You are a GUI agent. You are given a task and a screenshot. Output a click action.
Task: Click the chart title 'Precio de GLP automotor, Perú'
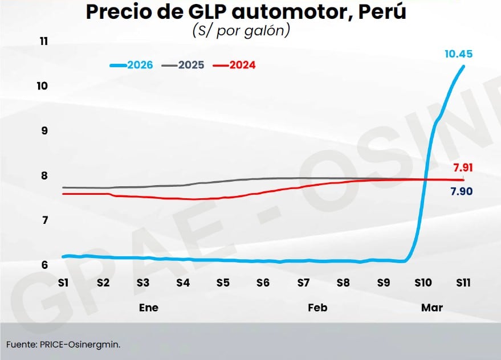tap(246, 13)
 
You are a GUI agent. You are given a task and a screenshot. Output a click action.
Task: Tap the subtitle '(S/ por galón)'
tap(241, 30)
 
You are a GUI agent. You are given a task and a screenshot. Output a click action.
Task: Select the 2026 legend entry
tap(132, 65)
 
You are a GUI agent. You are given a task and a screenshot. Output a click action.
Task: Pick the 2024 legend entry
tap(234, 65)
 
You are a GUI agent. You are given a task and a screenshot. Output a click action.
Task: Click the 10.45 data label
tap(459, 54)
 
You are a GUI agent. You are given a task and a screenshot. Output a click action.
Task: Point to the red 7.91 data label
tap(463, 167)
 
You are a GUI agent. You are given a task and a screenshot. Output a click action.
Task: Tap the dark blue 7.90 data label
tap(461, 191)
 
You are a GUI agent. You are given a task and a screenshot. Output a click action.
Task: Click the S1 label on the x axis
tap(63, 282)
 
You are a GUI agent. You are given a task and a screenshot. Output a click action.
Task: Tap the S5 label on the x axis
tap(223, 282)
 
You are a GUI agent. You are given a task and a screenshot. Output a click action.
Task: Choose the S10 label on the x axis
tap(422, 282)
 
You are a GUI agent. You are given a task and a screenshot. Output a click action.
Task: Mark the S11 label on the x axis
tap(462, 282)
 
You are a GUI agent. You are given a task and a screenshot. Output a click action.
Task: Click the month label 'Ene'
tap(149, 308)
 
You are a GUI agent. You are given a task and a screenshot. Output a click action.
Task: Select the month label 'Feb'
tap(317, 308)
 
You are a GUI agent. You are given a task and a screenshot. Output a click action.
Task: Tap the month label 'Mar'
tap(431, 308)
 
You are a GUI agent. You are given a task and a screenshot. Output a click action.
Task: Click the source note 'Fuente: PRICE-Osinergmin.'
tap(64, 344)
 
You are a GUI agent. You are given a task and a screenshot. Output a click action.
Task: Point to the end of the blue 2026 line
tap(463, 66)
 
